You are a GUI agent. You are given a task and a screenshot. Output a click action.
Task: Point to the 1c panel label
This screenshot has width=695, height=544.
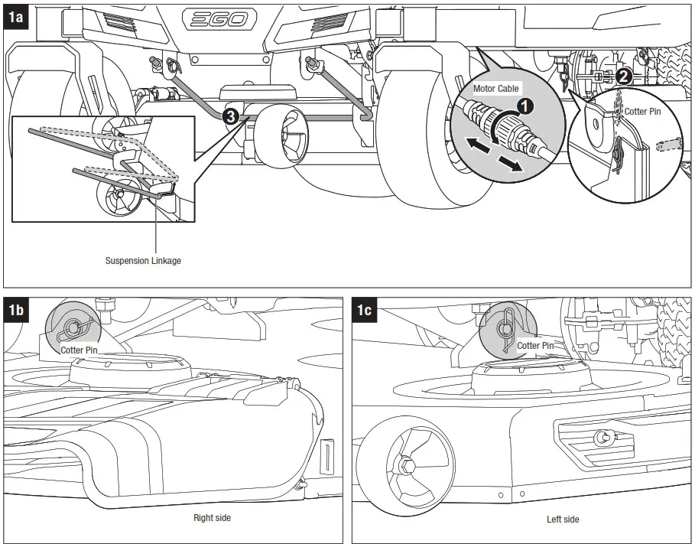point(365,310)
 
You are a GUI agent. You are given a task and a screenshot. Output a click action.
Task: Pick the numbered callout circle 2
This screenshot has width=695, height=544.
point(623,75)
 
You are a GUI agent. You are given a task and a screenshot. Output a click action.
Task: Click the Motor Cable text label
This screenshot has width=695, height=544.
point(495,89)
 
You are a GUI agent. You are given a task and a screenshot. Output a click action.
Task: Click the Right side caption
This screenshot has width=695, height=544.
point(212,518)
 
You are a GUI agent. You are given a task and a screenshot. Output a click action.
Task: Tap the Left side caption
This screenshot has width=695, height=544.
point(563,520)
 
